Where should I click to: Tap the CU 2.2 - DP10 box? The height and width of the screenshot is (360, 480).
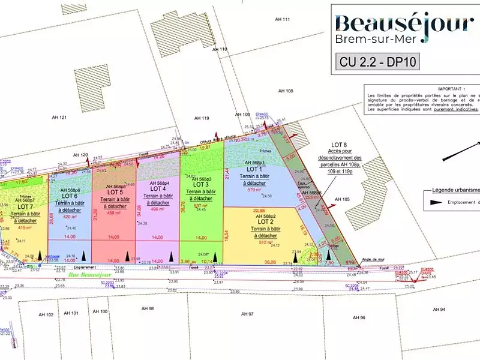(x=378, y=61)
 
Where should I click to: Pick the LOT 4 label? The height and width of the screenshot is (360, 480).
(x=158, y=188)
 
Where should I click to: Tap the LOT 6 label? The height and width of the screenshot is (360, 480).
(x=70, y=196)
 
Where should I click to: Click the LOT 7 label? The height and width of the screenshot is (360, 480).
(x=17, y=206)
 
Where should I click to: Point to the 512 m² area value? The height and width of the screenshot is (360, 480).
(x=266, y=243)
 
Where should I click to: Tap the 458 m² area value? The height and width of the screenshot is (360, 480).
(x=115, y=213)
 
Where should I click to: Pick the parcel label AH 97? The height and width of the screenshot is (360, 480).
(x=247, y=314)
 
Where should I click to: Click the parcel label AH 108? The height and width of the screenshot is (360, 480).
(x=285, y=91)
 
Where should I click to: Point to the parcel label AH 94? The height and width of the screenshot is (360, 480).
(x=439, y=309)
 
